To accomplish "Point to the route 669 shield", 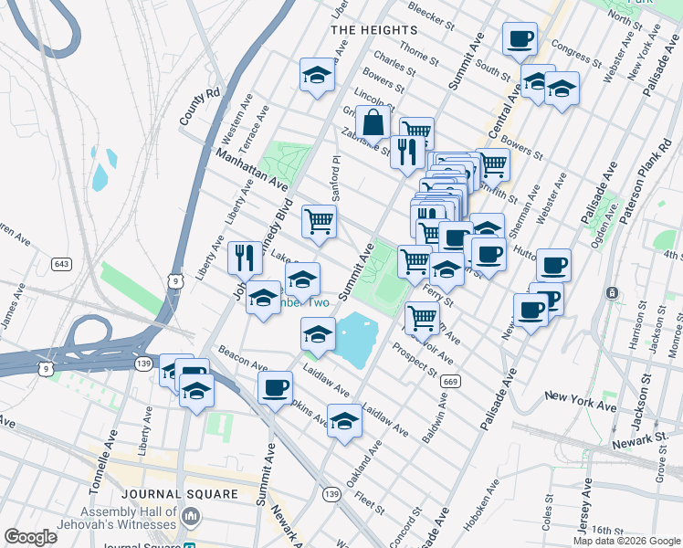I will tap(448, 380).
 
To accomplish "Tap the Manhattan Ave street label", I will tap(251, 170).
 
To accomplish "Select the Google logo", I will tap(31, 537).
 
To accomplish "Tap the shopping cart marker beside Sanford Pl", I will tap(319, 220).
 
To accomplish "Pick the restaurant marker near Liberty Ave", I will tap(243, 258).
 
